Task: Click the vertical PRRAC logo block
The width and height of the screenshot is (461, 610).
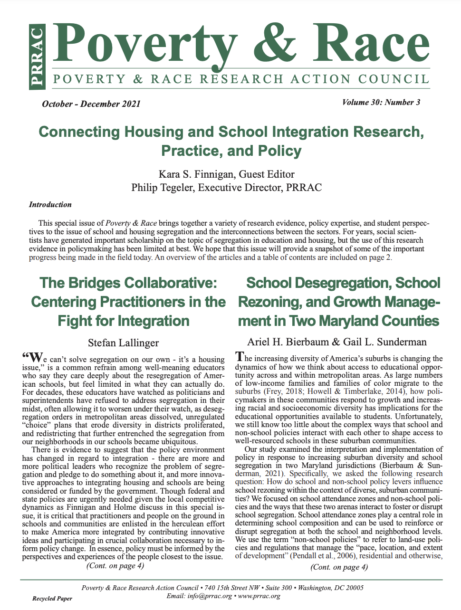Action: tap(37, 57)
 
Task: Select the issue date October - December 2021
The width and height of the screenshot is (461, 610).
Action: tap(91, 104)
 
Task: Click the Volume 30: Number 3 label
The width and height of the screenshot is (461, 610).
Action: tap(381, 102)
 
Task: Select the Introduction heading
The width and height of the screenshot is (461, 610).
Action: tap(50, 205)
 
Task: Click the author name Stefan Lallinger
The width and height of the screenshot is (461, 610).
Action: tap(123, 343)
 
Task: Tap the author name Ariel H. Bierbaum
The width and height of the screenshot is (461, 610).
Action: tap(289, 342)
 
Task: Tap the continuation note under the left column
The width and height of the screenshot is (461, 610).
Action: tap(115, 565)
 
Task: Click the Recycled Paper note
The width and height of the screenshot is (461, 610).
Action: tap(52, 599)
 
